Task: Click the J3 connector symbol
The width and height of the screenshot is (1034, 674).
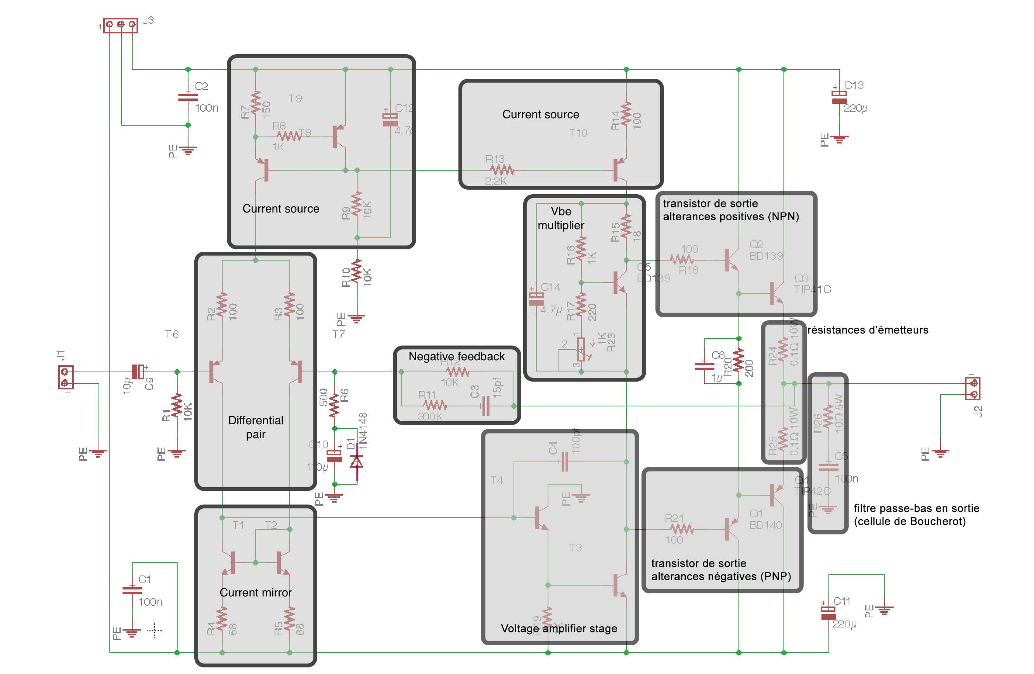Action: (x=120, y=25)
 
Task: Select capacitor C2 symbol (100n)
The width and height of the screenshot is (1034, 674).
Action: (x=188, y=97)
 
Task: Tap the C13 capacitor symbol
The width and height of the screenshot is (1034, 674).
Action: (x=839, y=97)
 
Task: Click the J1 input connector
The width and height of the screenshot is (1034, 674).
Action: (x=66, y=377)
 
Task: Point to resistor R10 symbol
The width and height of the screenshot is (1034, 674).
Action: (x=357, y=271)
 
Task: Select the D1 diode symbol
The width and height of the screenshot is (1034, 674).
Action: (x=357, y=460)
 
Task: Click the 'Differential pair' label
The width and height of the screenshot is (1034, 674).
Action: (x=256, y=427)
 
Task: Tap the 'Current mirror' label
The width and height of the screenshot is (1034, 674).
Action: (x=256, y=592)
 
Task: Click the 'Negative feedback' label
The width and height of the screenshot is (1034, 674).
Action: (x=456, y=356)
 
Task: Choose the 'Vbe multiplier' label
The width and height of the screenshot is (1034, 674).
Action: (x=560, y=218)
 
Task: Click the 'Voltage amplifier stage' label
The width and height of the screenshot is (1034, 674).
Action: (x=559, y=628)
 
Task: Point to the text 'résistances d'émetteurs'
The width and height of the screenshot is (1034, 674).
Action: (x=867, y=330)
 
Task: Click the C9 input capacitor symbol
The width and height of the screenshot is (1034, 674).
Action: (x=138, y=372)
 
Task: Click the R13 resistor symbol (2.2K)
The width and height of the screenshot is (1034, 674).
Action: (x=502, y=170)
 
